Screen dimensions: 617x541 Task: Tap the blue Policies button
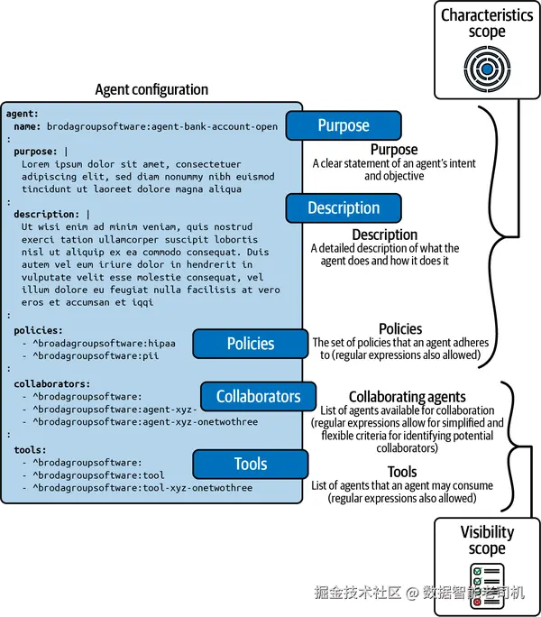(251, 343)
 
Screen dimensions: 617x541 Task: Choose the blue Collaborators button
(258, 396)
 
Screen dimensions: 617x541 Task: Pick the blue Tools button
(251, 464)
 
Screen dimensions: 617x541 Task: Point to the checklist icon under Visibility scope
(486, 584)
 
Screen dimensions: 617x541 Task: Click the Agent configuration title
(151, 89)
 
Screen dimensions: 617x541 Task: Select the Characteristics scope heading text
(487, 23)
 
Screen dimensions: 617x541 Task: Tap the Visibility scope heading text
(487, 540)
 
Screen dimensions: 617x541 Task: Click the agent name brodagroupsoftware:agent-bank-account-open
(162, 127)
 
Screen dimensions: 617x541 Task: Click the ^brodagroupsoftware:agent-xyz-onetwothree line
(145, 421)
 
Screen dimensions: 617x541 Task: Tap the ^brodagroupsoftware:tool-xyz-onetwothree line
(142, 488)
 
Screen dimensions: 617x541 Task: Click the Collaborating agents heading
(407, 397)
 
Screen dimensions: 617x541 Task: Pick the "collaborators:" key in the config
(52, 383)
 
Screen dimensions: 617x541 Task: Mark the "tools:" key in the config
(31, 449)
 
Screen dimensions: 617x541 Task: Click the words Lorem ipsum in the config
(49, 164)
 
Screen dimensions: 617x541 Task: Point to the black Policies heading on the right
(400, 329)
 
